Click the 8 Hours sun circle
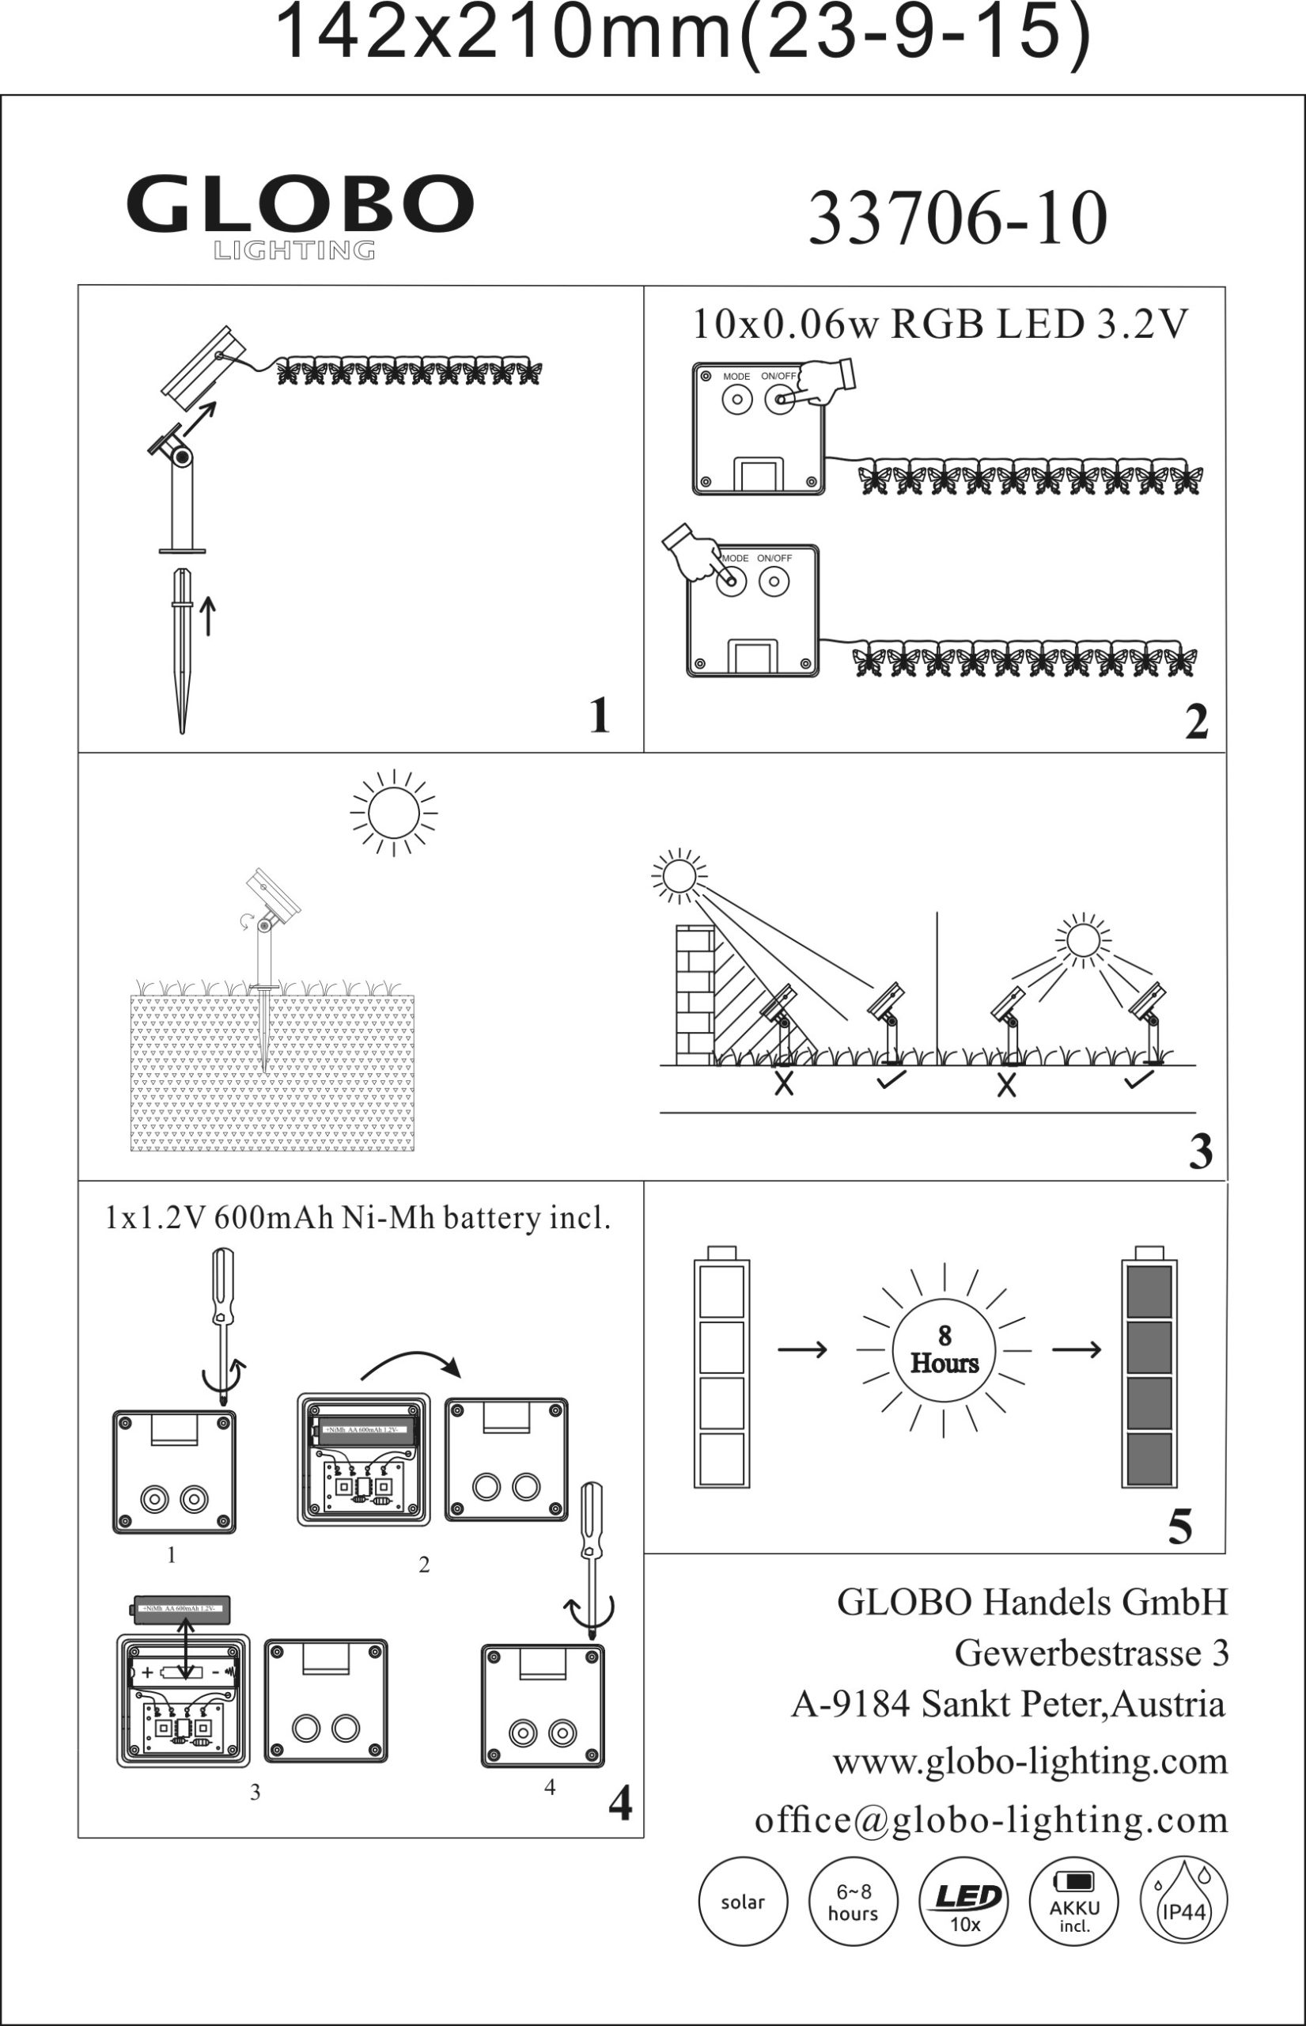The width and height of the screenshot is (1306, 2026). (944, 1349)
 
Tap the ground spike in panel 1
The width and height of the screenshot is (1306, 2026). (181, 649)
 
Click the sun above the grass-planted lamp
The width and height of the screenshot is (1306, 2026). (393, 813)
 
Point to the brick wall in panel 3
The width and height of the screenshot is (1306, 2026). (695, 993)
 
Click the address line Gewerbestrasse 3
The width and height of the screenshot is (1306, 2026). (1092, 1652)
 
